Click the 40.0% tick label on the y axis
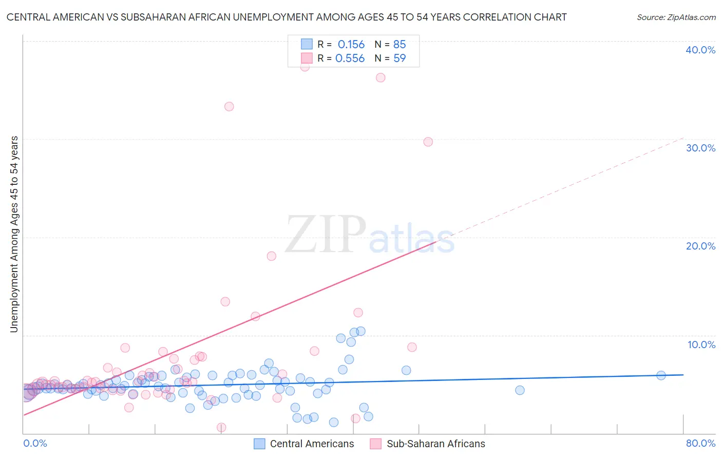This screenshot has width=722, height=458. [x=700, y=50]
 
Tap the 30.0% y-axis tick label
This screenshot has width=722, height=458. [x=700, y=148]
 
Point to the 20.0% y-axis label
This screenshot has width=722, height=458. [x=700, y=246]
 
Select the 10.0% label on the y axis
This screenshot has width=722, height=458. [x=701, y=345]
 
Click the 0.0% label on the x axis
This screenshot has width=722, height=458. [x=35, y=443]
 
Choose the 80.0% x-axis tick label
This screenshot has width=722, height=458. [x=700, y=443]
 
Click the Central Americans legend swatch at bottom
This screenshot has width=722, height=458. [x=260, y=444]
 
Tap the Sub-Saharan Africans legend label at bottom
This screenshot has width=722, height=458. [x=435, y=444]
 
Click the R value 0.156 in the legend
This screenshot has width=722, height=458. [x=351, y=45]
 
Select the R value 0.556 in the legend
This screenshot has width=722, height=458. [x=350, y=59]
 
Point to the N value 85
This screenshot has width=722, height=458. [x=399, y=45]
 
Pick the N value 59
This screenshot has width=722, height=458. [x=399, y=59]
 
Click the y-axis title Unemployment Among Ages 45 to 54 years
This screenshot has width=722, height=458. [x=14, y=234]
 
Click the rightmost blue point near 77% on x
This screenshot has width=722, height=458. [x=661, y=375]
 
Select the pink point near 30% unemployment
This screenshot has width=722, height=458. [x=428, y=142]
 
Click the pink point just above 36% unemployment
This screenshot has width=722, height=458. [x=381, y=78]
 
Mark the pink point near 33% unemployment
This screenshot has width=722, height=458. [x=229, y=107]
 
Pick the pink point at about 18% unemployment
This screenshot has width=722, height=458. [x=272, y=256]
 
